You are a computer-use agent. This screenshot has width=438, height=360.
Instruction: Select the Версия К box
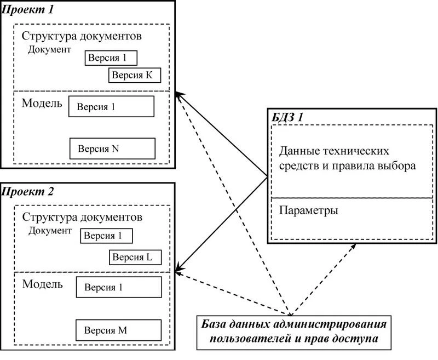coord(134,75)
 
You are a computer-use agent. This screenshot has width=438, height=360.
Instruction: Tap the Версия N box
coord(112,148)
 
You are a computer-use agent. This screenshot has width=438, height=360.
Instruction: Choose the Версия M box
coord(119,330)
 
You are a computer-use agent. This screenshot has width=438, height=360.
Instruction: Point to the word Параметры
coord(308,210)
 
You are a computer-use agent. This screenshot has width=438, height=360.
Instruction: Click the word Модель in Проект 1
coord(42,104)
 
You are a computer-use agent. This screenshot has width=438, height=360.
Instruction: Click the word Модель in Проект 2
coord(42,285)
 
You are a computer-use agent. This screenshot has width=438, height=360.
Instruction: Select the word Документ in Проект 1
coord(50,49)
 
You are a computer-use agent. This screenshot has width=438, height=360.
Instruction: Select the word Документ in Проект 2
coord(50,231)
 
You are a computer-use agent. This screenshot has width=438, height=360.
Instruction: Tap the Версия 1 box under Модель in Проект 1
coord(111,107)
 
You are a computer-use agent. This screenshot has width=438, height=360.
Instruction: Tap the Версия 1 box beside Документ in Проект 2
coord(107,236)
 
